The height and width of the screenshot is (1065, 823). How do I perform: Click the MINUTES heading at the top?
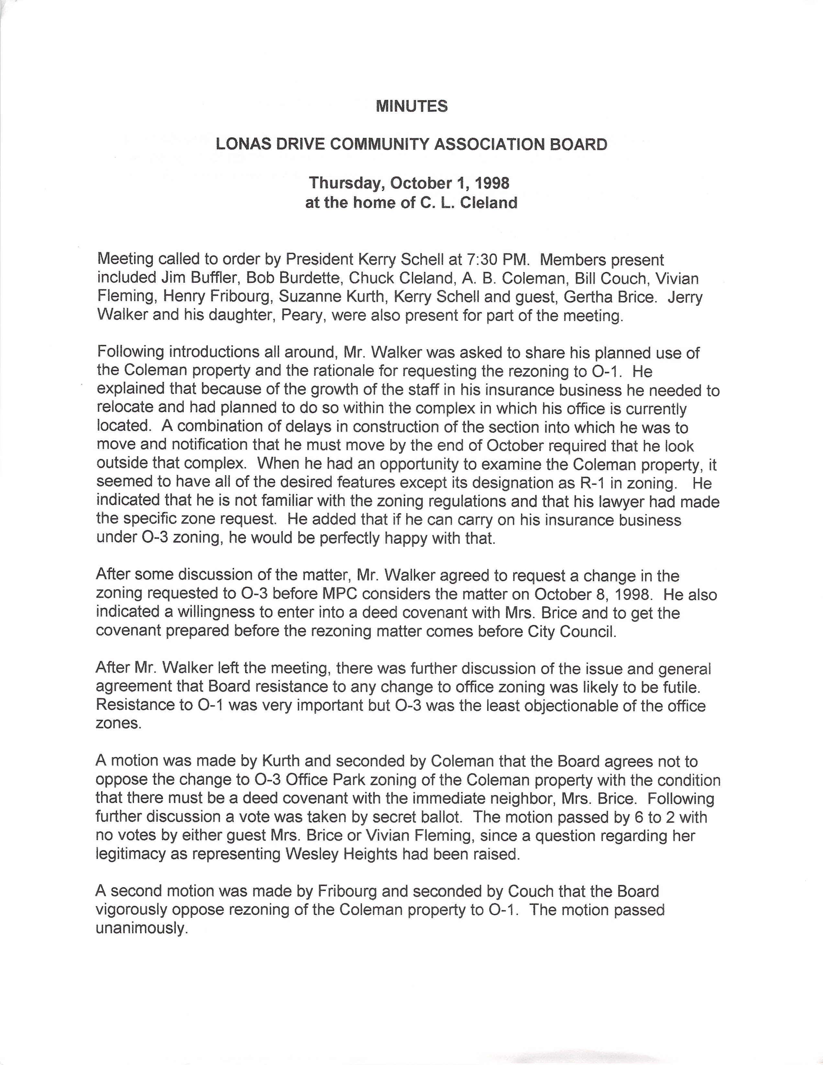tap(411, 106)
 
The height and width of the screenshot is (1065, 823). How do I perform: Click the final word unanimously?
tap(141, 928)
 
